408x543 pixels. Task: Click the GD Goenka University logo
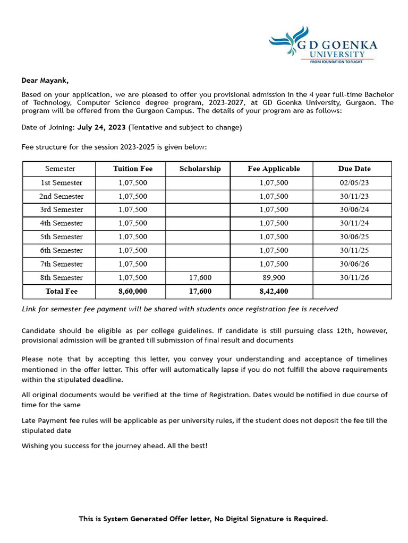click(323, 46)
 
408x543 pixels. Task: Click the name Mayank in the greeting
click(54, 81)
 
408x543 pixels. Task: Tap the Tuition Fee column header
click(133, 169)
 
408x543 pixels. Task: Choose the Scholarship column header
click(200, 169)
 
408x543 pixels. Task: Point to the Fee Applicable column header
click(274, 169)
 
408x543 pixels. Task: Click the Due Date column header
click(354, 169)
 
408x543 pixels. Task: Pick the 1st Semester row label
click(62, 182)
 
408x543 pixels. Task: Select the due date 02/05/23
click(354, 182)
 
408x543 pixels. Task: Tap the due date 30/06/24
click(354, 209)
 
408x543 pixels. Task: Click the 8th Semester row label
click(62, 277)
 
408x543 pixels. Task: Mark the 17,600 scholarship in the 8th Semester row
click(200, 277)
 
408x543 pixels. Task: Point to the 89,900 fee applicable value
click(274, 277)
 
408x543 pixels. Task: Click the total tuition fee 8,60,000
click(133, 291)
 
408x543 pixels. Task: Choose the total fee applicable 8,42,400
click(274, 291)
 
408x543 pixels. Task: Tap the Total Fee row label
click(62, 291)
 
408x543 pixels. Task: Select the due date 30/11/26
click(354, 277)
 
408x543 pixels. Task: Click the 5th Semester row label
click(62, 237)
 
